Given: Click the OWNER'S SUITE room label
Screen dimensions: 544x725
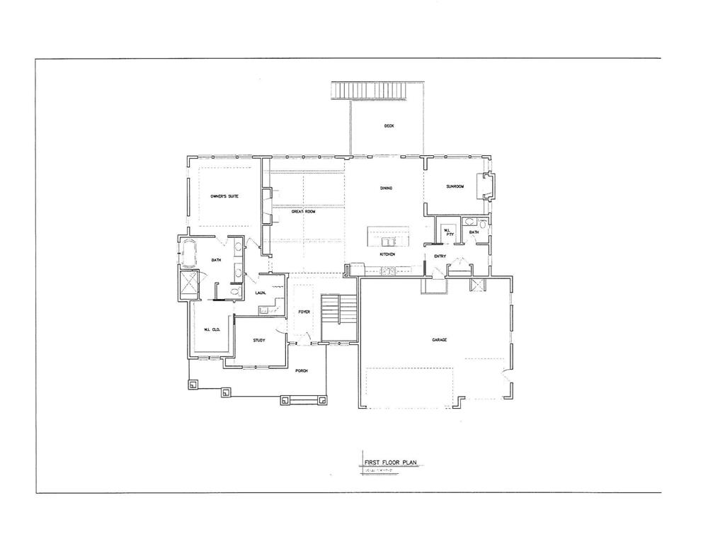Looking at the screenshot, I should point(224,195).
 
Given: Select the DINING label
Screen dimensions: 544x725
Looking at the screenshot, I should point(386,188).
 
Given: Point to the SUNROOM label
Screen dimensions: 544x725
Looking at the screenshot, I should point(455,186).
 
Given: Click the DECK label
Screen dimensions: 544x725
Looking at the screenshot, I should point(389,126).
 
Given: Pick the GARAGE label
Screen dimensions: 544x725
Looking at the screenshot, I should point(439,340).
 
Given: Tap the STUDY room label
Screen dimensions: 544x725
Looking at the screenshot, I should point(259,341).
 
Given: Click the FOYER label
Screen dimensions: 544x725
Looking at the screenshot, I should point(304,311).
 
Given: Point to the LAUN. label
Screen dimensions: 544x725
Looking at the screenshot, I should point(261,293).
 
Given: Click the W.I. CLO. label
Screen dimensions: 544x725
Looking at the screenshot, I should point(211,329).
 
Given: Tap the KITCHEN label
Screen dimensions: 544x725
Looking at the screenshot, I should point(387,254).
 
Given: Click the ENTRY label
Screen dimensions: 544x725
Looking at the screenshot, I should point(440,256).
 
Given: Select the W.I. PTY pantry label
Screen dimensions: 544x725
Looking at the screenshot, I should point(448,232).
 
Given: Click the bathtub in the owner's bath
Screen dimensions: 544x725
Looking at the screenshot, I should point(189,252).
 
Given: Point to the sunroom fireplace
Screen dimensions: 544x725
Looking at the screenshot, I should point(487,186).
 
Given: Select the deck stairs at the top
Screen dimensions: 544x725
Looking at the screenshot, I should point(368,90).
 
